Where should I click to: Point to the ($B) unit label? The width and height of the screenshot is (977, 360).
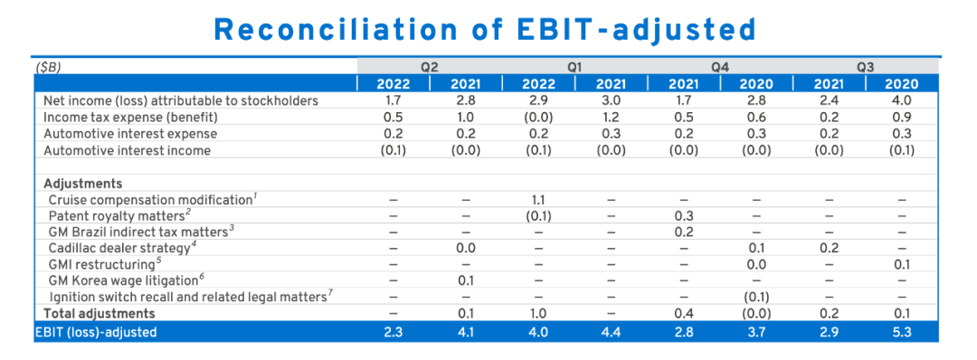click(47, 67)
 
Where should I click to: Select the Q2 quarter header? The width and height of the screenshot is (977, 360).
click(428, 67)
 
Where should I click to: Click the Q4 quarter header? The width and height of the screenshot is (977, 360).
click(720, 67)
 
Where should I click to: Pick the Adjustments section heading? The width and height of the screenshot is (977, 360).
click(83, 184)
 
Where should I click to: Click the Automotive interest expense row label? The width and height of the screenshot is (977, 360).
click(130, 134)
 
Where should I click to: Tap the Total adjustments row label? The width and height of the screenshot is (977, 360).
click(100, 313)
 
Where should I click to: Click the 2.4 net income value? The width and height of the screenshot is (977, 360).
click(829, 100)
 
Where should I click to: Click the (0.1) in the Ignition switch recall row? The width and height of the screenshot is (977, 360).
click(755, 297)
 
